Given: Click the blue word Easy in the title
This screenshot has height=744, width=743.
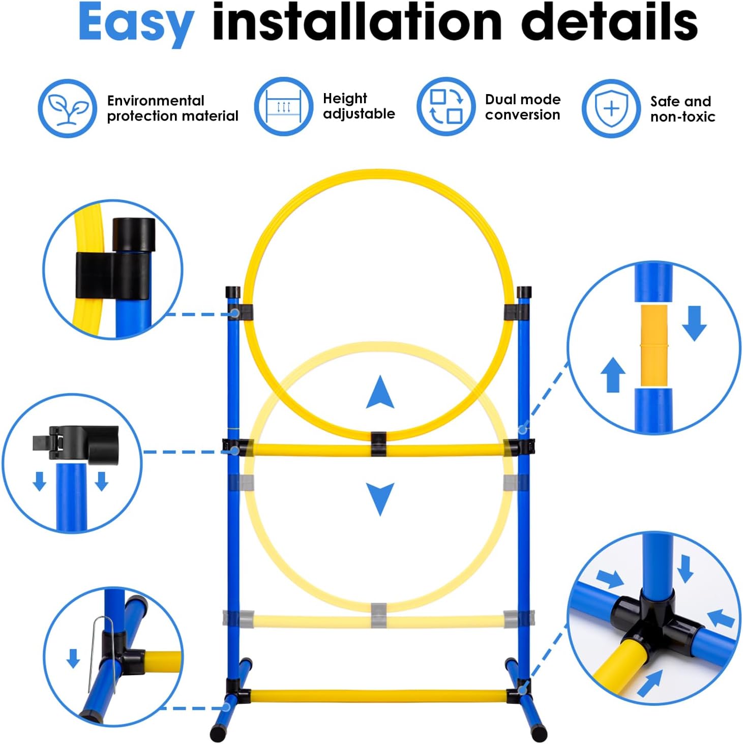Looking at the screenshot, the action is click(136, 24).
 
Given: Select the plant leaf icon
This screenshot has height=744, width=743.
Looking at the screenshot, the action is click(67, 108).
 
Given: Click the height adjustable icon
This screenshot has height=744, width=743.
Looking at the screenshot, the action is click(283, 107).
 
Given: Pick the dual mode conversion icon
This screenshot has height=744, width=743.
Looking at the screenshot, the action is click(446, 107).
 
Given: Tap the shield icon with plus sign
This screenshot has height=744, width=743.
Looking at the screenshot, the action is click(611, 108).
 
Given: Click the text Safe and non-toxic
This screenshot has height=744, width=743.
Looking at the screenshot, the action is click(682, 109).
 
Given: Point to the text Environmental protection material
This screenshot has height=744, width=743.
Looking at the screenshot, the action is click(172, 108).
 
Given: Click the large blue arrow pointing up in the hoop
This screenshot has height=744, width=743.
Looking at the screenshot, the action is click(380, 392).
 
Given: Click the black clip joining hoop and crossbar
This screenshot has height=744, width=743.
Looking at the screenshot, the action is click(378, 443).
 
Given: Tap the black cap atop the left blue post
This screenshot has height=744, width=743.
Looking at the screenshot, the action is click(232, 292).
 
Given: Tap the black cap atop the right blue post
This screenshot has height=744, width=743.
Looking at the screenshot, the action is click(524, 292).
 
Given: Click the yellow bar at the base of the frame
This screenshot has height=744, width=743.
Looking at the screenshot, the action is click(378, 696).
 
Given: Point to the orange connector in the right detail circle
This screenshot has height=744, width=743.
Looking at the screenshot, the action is click(654, 345).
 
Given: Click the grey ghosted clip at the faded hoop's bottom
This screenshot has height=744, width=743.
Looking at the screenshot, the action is click(378, 615).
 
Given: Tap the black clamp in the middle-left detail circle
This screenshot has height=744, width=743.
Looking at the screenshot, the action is click(76, 444).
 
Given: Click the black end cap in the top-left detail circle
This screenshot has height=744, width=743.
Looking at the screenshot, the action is click(134, 234).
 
